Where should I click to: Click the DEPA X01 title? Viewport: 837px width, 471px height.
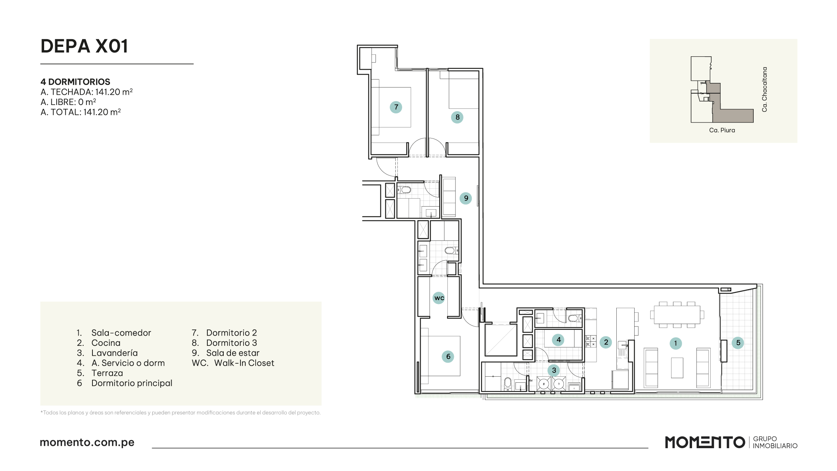pos(84,46)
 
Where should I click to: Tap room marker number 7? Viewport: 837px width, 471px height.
pos(396,107)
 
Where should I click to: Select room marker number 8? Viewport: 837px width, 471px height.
pos(457,117)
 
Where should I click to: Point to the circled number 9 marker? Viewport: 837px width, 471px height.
pos(466,198)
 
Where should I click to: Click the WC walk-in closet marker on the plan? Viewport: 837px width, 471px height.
pos(439,298)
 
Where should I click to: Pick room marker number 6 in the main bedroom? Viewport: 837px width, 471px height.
pos(448,356)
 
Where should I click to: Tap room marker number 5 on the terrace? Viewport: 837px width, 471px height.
pos(738,343)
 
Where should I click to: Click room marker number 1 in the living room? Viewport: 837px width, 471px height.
pos(676,343)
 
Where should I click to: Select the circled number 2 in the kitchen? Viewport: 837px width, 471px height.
pos(606,342)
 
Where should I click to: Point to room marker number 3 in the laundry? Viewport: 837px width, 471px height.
pos(554,370)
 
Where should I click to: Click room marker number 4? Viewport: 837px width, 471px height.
pos(559,340)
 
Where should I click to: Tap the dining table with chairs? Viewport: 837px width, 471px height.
pos(677,315)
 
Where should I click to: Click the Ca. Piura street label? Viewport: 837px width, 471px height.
pos(722,130)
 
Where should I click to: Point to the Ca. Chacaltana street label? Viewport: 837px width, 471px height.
pos(765,89)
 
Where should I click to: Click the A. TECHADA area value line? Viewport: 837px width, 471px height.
pos(87,92)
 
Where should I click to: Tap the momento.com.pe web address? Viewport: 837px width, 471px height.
pos(87,442)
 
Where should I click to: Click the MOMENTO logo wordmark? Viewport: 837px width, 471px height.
pos(705,442)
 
